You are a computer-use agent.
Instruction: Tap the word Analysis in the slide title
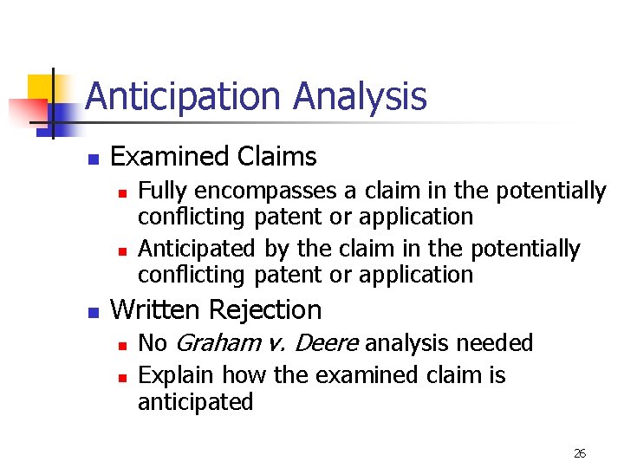(x=360, y=96)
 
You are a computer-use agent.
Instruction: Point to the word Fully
(x=162, y=191)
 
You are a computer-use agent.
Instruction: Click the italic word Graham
(x=216, y=344)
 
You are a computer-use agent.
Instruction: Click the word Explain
(x=177, y=376)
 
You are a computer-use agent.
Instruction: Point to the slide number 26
(x=580, y=453)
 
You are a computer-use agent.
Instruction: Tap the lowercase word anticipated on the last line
(x=196, y=403)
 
